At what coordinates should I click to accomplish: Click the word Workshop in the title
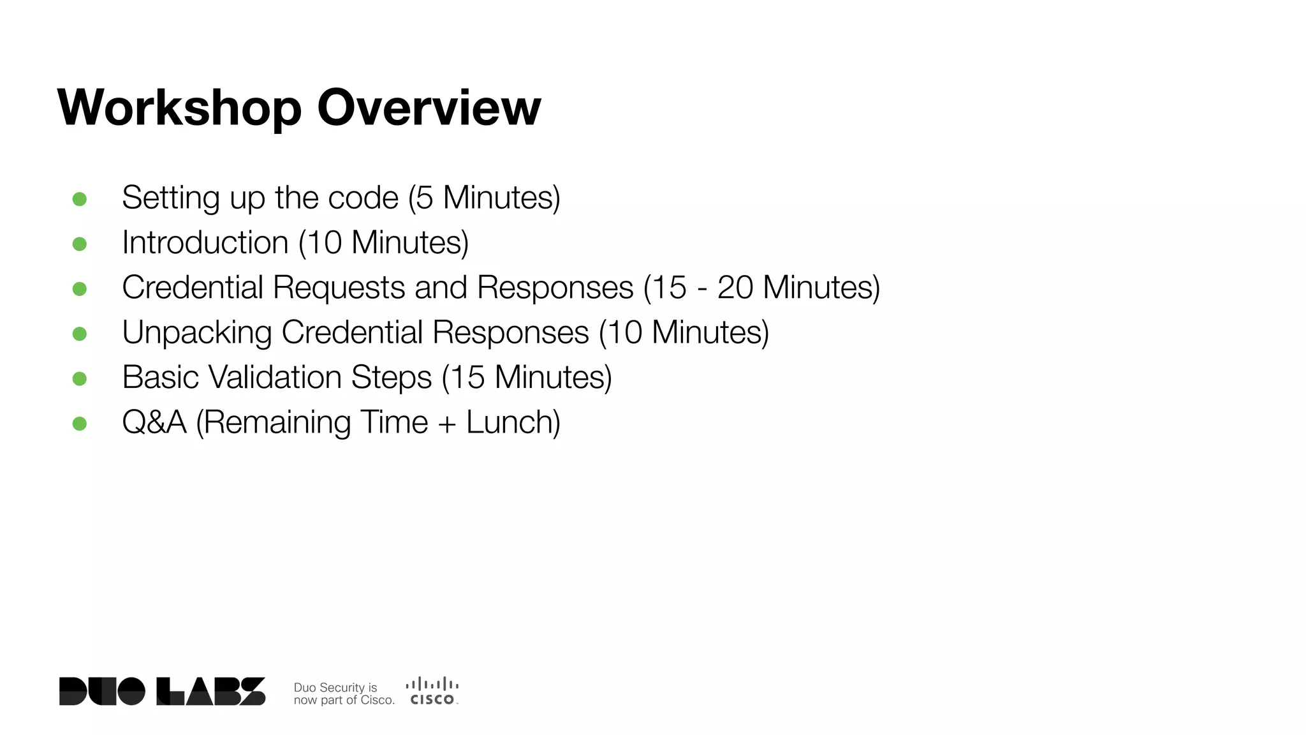point(179,108)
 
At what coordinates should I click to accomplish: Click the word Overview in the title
point(429,108)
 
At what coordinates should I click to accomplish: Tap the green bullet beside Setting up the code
point(80,199)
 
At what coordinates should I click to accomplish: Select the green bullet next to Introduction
point(80,244)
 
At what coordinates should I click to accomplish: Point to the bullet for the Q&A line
point(80,424)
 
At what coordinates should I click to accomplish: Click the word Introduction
point(205,243)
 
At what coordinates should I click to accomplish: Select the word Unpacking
point(197,333)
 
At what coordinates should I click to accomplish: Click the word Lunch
point(511,422)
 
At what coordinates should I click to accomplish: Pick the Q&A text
point(154,422)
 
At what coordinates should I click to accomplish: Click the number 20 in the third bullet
point(735,288)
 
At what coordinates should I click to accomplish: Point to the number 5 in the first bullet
point(425,198)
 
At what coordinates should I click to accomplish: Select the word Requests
point(339,288)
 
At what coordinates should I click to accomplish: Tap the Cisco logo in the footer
point(432,692)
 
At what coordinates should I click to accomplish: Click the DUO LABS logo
point(162,692)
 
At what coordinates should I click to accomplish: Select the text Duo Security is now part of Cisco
point(343,694)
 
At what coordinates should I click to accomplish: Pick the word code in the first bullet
point(363,198)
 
